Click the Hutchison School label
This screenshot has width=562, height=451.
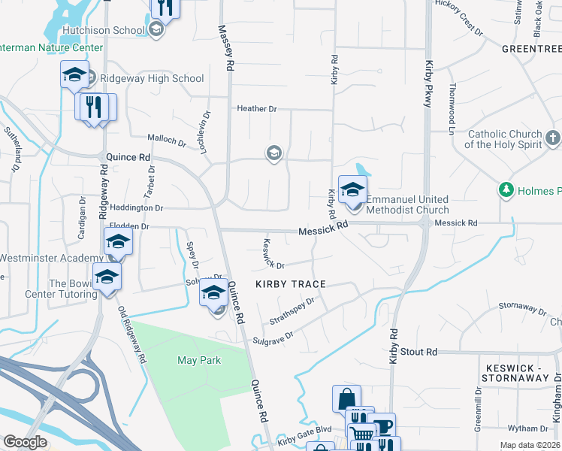coord(104,30)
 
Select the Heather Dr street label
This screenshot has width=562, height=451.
coord(256,108)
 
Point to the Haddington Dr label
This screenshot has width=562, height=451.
coord(137,207)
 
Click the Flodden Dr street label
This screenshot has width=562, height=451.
coord(129,225)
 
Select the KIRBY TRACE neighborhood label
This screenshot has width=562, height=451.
coord(291,284)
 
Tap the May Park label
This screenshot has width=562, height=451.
coord(199,360)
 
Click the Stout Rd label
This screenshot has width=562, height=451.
coord(418,352)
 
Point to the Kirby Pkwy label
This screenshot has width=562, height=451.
coord(429,83)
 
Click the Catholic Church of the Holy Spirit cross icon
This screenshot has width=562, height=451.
coord(553,138)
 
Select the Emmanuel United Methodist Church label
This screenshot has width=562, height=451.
coord(407,204)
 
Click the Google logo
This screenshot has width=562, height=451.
coord(25,442)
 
